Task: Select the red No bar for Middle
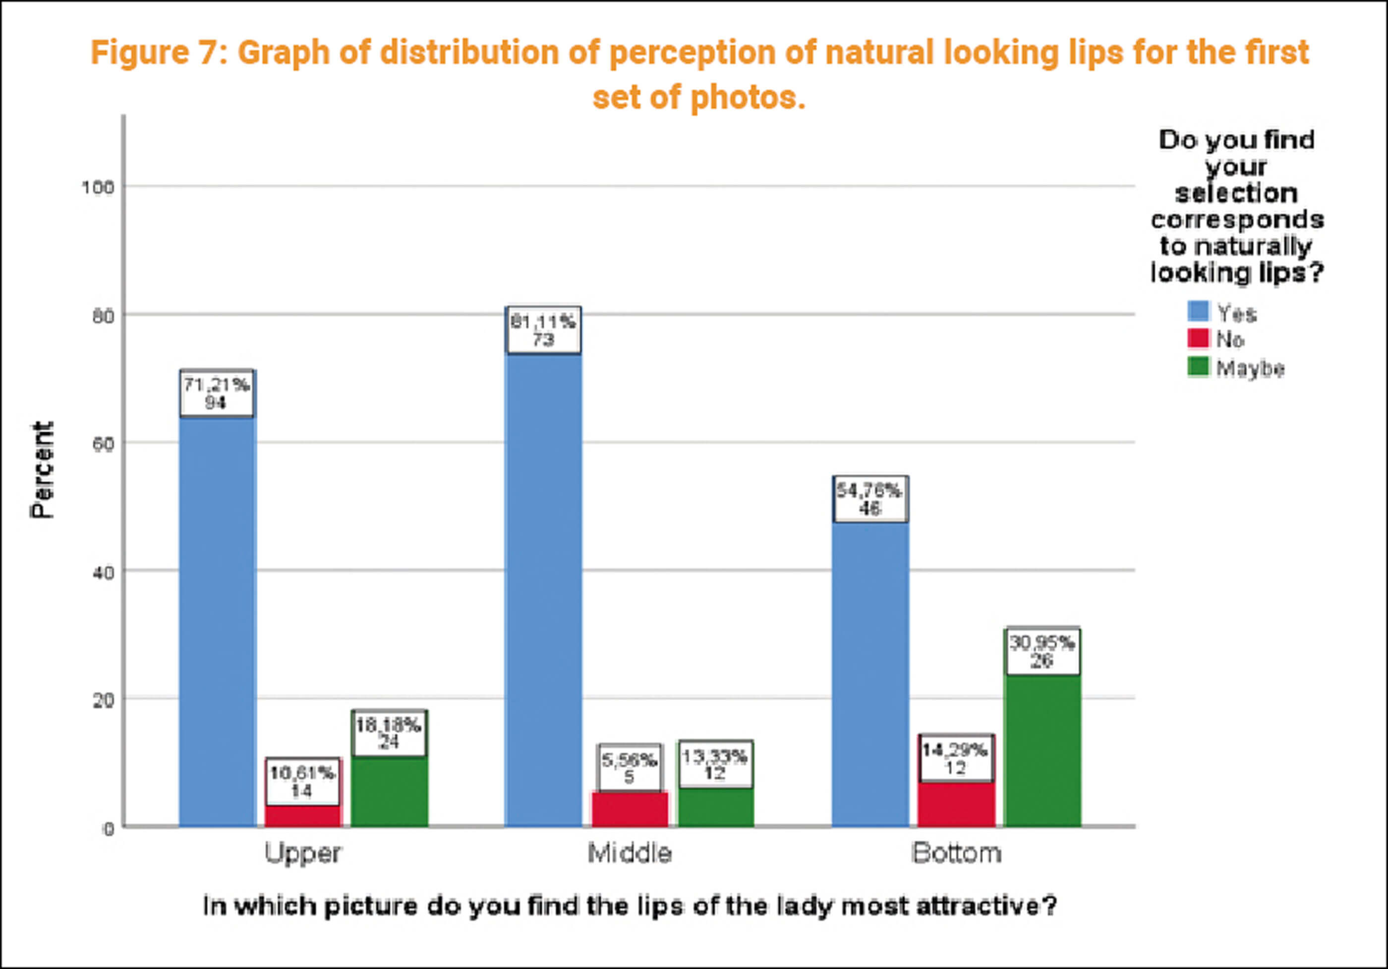(x=630, y=809)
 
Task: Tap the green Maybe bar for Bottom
(x=1041, y=750)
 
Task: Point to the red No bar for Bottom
(x=956, y=804)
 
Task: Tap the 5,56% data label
(x=630, y=768)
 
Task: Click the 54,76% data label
(x=870, y=499)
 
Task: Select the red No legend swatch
(x=1198, y=339)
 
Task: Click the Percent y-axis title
(x=42, y=470)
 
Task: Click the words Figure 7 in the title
(x=159, y=53)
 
